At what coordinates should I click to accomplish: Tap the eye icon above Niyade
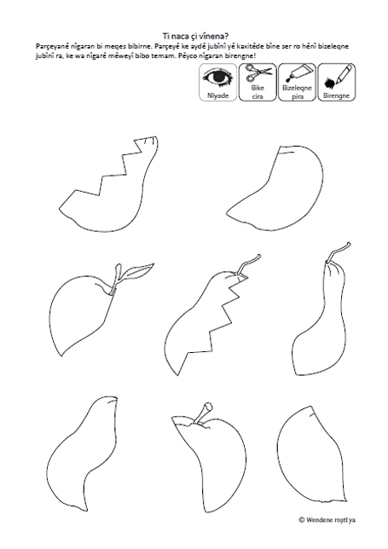click(218, 78)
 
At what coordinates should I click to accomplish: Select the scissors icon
click(258, 73)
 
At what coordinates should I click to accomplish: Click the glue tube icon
click(297, 73)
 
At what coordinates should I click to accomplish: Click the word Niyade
click(217, 95)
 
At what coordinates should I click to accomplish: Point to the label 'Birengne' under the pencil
click(336, 95)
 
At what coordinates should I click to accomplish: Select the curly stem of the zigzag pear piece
click(248, 264)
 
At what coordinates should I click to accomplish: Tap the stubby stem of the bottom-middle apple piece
click(204, 413)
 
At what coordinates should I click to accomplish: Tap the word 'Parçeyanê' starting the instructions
click(49, 46)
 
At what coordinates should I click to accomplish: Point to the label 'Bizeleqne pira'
click(297, 92)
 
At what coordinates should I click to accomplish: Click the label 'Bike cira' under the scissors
click(258, 92)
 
